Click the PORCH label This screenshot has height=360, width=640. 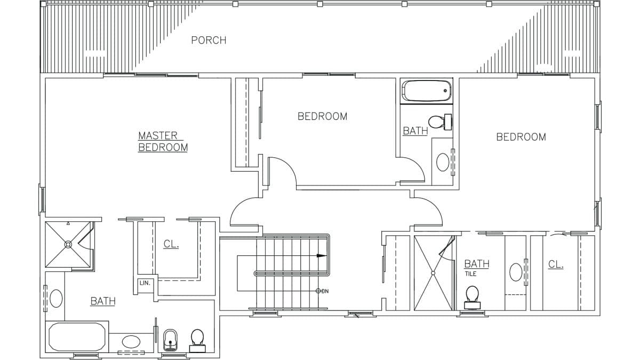209,40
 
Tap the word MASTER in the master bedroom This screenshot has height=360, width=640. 157,135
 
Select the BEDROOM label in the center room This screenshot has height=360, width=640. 322,116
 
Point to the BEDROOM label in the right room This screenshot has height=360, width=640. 521,137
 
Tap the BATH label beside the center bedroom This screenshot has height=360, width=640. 415,131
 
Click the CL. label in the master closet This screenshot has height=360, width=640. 171,244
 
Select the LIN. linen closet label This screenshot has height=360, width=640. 145,283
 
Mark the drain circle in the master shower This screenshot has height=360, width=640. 68,244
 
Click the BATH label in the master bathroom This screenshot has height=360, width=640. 102,301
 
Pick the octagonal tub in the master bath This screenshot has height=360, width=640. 76,337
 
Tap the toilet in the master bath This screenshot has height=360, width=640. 197,339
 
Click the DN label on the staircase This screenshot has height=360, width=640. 325,291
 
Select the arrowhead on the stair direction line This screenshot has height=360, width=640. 322,256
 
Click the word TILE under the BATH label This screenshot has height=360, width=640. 470,274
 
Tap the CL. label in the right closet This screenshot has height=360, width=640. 556,264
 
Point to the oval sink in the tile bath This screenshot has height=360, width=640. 516,272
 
